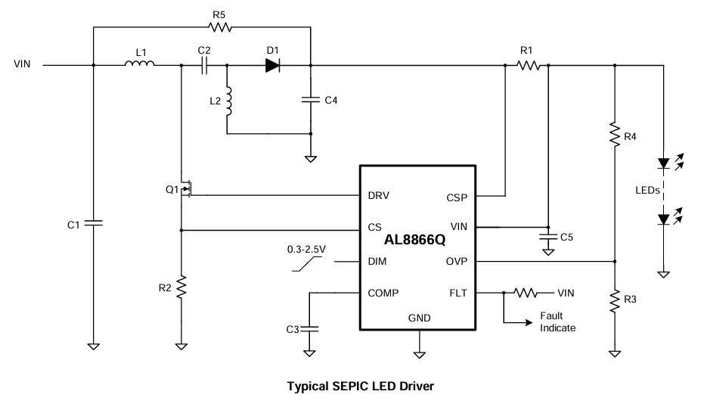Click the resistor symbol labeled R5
click(x=219, y=27)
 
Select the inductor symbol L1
click(x=140, y=65)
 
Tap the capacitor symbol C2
click(x=204, y=65)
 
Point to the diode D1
click(x=273, y=65)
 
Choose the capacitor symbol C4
click(x=311, y=99)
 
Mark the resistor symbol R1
click(x=527, y=65)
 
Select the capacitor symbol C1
click(x=93, y=224)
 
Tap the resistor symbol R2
click(x=181, y=287)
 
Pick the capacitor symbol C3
click(x=310, y=328)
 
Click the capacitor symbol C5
click(x=546, y=237)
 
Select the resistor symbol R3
click(x=613, y=300)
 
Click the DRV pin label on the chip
click(x=379, y=196)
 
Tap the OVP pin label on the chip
click(x=457, y=262)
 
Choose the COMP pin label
click(x=383, y=293)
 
